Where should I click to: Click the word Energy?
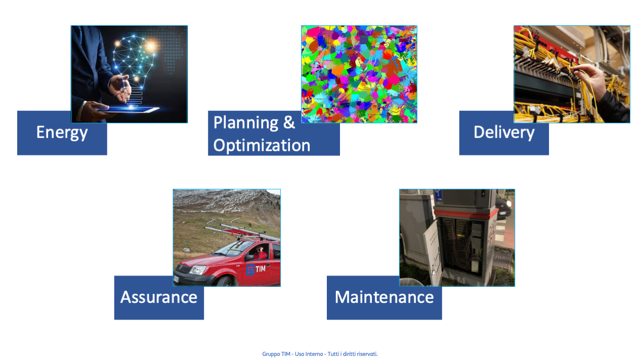pos(62,133)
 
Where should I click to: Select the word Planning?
pos(246,123)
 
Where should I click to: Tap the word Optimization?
pos(262,145)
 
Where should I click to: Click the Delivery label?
pos(504,133)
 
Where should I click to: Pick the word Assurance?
pos(159,297)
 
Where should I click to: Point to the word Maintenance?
pos(385,297)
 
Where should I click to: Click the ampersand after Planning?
pos(289,122)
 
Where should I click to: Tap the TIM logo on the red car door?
pos(256,269)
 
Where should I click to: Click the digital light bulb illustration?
pos(134,66)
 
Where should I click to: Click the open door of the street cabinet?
pos(434,251)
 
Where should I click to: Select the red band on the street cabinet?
pos(466,213)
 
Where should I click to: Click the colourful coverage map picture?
pos(359,74)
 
